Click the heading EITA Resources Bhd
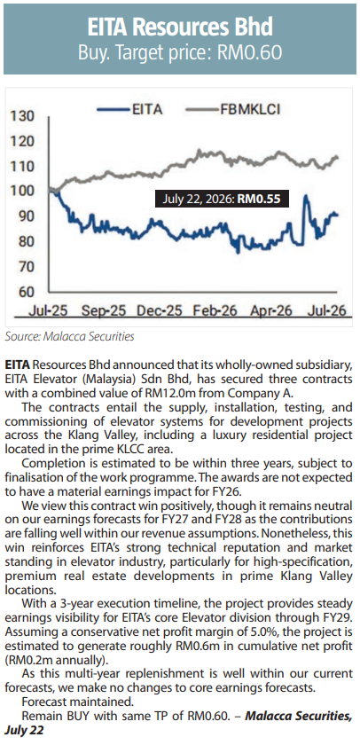pyautogui.click(x=180, y=27)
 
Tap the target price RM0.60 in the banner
pyautogui.click(x=249, y=51)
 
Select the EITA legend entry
pyautogui.click(x=129, y=109)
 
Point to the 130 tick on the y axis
pyautogui.click(x=22, y=116)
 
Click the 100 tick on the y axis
pyautogui.click(x=22, y=192)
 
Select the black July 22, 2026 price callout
pyautogui.click(x=222, y=199)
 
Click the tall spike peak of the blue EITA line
pyautogui.click(x=305, y=196)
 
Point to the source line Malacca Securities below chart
pyautogui.click(x=70, y=337)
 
